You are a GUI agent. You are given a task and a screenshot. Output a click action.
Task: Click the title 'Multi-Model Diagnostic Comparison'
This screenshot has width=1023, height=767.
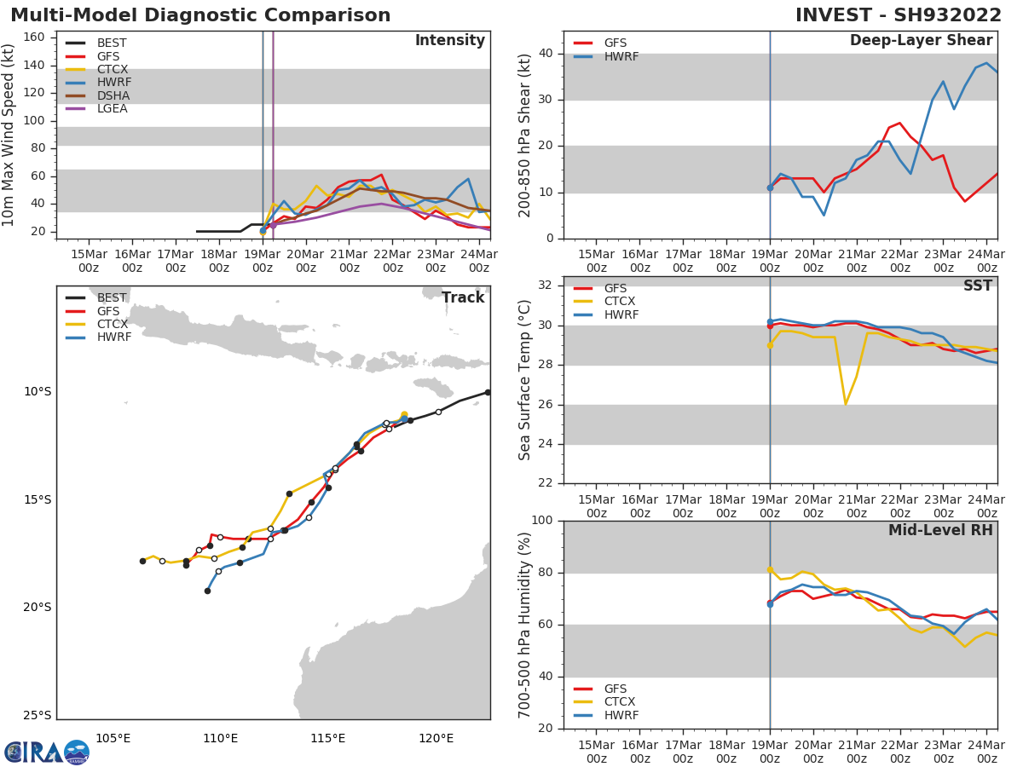click(200, 15)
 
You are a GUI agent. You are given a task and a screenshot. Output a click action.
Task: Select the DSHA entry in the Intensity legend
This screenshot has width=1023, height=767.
click(112, 95)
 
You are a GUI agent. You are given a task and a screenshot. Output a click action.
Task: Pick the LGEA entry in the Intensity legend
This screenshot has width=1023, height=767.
click(112, 108)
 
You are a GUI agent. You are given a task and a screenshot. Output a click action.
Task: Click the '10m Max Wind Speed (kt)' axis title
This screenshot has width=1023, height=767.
click(9, 135)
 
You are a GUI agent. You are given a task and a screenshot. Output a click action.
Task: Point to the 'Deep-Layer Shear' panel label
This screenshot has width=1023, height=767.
click(921, 41)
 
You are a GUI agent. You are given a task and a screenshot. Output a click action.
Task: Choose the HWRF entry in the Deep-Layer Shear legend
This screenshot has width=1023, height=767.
click(621, 56)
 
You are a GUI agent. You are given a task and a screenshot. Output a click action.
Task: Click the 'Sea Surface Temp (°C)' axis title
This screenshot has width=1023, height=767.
click(525, 380)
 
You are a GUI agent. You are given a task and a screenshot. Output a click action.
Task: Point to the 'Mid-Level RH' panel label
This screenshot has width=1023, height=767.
click(940, 530)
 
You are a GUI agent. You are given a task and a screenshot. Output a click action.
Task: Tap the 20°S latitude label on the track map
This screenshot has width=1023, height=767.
click(38, 608)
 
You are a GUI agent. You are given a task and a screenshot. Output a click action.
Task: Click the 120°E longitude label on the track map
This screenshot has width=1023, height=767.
click(436, 738)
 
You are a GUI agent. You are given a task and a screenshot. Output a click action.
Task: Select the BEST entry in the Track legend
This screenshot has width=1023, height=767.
click(112, 297)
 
